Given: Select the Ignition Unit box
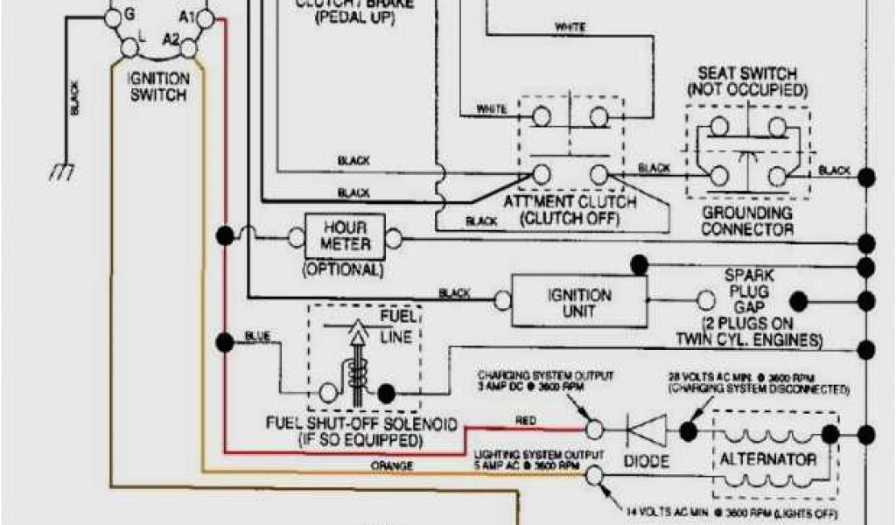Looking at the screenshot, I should [x=578, y=303].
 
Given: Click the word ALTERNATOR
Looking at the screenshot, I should [x=767, y=459].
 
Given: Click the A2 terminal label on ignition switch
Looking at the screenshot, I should [x=171, y=39].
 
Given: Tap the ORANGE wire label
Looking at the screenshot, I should [x=393, y=465].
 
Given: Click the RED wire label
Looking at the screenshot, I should [x=526, y=422].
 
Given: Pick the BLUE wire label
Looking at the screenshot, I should [x=257, y=334].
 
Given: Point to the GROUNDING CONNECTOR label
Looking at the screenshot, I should [x=747, y=221].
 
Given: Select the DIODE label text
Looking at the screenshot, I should [x=647, y=460].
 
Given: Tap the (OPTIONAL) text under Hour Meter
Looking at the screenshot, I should [x=343, y=270].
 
